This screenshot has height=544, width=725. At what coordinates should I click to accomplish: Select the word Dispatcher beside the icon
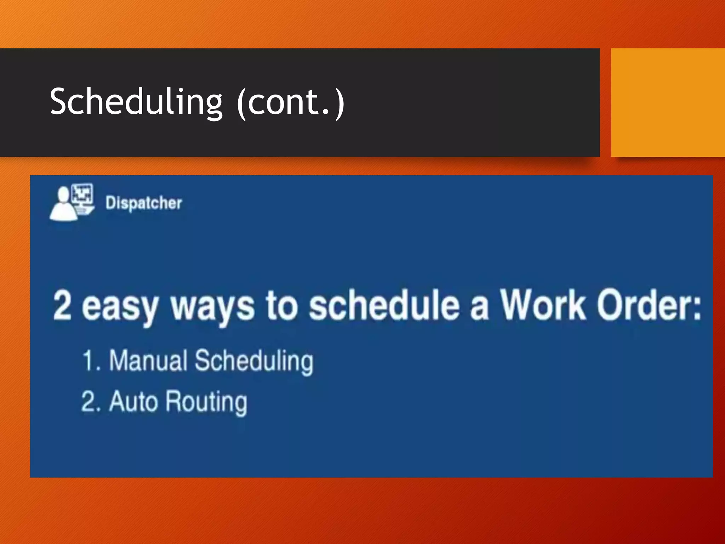pyautogui.click(x=144, y=203)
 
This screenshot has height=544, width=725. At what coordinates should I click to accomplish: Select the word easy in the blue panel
pyautogui.click(x=120, y=306)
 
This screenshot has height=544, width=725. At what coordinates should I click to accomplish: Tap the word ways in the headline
pyautogui.click(x=212, y=306)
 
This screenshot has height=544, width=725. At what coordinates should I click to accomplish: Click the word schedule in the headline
pyautogui.click(x=384, y=305)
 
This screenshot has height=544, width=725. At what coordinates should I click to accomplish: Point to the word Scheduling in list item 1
pyautogui.click(x=254, y=361)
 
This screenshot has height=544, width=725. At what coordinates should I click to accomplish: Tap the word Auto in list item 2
pyautogui.click(x=133, y=402)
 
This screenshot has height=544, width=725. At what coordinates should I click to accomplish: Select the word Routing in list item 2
pyautogui.click(x=206, y=402)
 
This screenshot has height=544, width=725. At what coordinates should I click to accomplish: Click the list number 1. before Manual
pyautogui.click(x=91, y=361)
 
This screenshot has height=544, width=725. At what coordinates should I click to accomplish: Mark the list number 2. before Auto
pyautogui.click(x=91, y=402)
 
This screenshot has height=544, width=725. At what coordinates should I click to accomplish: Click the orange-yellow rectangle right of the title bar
pyautogui.click(x=668, y=103)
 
